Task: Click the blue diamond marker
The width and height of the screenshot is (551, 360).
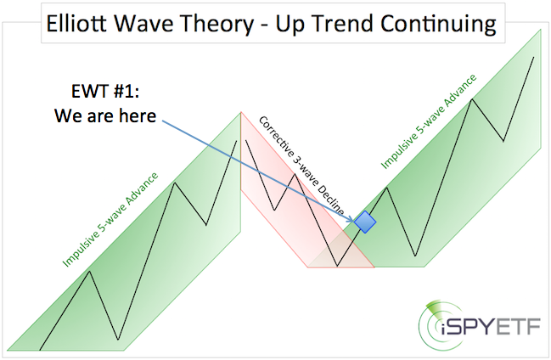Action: pyautogui.click(x=365, y=222)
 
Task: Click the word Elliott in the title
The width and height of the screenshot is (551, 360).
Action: pyautogui.click(x=76, y=24)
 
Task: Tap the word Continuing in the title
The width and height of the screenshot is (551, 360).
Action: pyautogui.click(x=438, y=25)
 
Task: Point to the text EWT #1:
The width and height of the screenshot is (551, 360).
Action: pyautogui.click(x=105, y=92)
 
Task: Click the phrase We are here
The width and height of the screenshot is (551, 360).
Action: pyautogui.click(x=105, y=115)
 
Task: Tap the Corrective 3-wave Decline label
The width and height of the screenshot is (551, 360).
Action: pyautogui.click(x=301, y=166)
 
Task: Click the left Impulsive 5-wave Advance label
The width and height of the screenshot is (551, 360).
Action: pyautogui.click(x=110, y=220)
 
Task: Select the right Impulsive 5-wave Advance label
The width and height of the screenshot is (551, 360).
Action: pyautogui.click(x=429, y=121)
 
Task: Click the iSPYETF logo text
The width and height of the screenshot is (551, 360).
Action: pyautogui.click(x=490, y=326)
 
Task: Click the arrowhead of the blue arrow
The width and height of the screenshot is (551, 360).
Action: pyautogui.click(x=351, y=220)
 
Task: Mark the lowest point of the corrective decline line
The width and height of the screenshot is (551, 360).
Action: pyautogui.click(x=337, y=266)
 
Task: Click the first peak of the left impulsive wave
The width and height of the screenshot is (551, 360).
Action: pyautogui.click(x=90, y=271)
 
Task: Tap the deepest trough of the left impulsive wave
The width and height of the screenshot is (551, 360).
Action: pyautogui.click(x=118, y=340)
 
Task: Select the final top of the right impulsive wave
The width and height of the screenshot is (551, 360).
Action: pyautogui.click(x=534, y=57)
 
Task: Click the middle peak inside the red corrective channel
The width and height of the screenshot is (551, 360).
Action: pyautogui.click(x=295, y=174)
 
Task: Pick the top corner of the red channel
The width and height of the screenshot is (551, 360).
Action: pyautogui.click(x=241, y=112)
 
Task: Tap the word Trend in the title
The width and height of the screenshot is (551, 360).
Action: pyautogui.click(x=341, y=24)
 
